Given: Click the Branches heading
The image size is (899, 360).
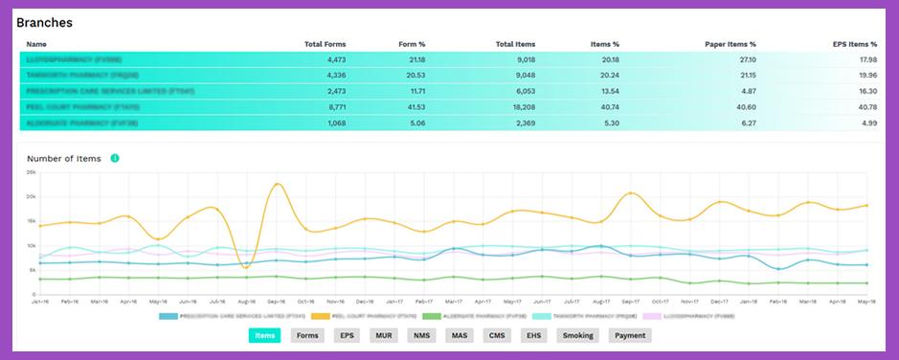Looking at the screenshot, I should [44, 22].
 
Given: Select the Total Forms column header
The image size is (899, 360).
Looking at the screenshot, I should [325, 44].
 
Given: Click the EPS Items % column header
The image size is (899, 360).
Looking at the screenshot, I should [855, 44].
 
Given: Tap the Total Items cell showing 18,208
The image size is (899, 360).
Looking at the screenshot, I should [519, 107].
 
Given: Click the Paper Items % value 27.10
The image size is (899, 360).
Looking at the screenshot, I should [745, 59].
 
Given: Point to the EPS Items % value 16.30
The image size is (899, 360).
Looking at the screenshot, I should [865, 91].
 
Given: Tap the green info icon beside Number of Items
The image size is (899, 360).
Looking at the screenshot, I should [115, 158].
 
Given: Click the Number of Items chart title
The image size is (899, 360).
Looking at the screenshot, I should [64, 158].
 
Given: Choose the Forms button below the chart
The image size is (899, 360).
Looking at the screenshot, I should [307, 336].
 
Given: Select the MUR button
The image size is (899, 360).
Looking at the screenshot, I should [384, 336].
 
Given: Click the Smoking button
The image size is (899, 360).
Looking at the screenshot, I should [576, 336].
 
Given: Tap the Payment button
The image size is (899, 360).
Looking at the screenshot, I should [629, 336].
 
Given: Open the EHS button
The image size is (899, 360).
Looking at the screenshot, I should [531, 336].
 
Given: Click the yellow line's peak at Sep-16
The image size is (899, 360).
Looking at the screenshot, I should [278, 184].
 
